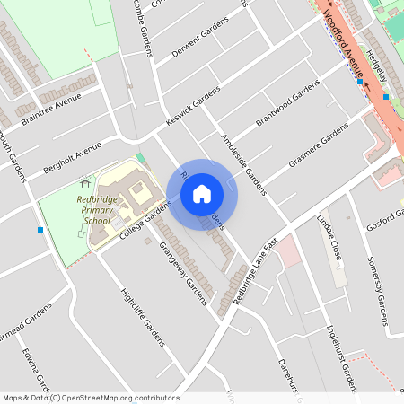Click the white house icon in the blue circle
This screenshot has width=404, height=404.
202,194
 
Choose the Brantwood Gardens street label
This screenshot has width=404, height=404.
287,102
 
